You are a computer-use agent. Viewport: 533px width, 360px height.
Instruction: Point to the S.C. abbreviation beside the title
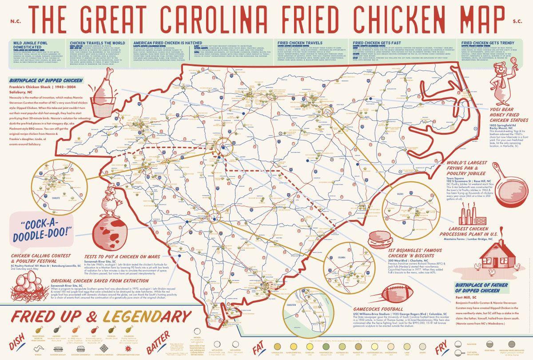pos(517,20)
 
